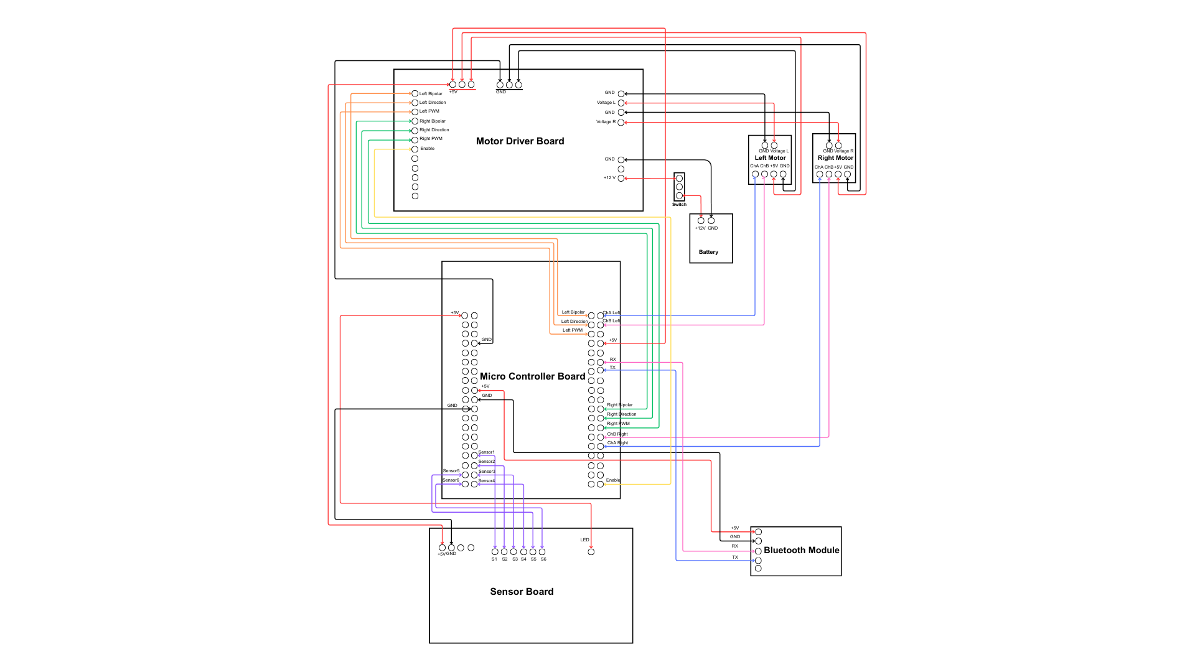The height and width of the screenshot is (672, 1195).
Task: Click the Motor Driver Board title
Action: point(520,141)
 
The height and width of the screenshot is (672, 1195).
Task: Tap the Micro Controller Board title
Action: point(532,376)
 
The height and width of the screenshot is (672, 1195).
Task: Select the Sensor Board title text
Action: point(522,592)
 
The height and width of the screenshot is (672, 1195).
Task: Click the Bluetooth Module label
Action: point(801,550)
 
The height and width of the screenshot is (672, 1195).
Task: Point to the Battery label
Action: point(708,252)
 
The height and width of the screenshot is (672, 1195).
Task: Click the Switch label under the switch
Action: point(679,205)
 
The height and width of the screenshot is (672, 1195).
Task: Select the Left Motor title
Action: point(770,158)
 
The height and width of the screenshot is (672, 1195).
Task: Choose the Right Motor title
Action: point(835,158)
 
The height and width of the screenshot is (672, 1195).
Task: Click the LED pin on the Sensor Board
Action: point(591,552)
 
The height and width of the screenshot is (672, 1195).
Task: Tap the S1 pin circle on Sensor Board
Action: point(495,552)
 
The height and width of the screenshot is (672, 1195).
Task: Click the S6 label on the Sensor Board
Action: point(543,559)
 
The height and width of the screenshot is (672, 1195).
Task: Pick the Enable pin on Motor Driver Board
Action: point(415,149)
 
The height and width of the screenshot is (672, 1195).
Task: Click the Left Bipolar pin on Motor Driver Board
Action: point(415,93)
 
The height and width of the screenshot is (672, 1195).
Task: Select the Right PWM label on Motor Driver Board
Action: point(431,139)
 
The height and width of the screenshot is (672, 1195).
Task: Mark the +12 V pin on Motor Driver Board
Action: point(621,179)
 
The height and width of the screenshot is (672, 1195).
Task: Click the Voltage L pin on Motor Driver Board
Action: point(621,103)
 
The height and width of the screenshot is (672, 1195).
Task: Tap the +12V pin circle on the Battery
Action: point(701,220)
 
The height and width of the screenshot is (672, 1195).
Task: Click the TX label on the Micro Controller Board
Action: point(612,368)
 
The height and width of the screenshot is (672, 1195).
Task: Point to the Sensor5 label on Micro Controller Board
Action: point(451,471)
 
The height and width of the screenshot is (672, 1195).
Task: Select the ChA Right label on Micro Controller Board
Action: point(617,443)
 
